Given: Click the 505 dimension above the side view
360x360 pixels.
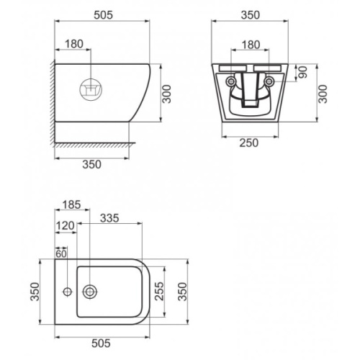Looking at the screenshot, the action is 103,15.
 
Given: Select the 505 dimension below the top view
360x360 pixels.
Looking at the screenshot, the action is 101,343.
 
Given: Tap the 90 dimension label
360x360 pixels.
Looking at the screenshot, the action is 303,72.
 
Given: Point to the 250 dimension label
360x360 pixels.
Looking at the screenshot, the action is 249,143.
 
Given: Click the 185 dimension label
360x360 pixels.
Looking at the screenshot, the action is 71,204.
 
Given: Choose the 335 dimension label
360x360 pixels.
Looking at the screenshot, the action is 109,218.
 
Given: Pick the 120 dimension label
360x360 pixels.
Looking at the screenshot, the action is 65,225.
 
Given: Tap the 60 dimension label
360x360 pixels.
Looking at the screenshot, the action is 61,254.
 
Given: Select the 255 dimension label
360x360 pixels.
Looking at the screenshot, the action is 159,291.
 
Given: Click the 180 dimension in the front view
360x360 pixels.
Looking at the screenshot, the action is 251,45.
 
